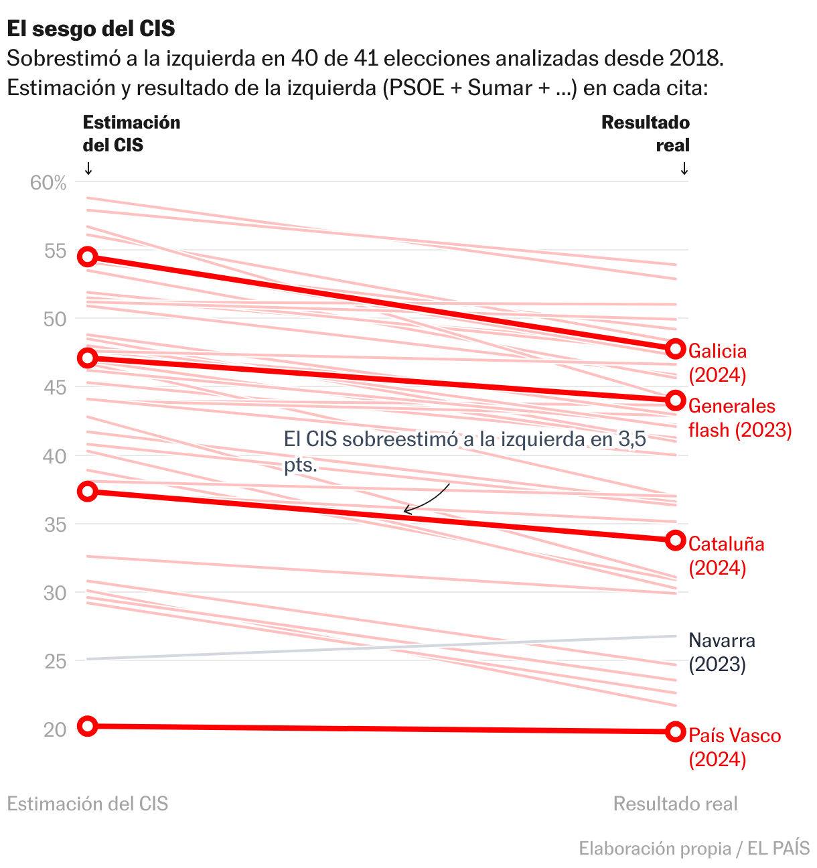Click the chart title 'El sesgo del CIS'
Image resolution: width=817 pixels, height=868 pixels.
pos(91,29)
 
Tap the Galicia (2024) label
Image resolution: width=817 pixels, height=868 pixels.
pos(717,363)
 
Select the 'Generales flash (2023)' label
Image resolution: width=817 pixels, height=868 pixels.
pos(739,418)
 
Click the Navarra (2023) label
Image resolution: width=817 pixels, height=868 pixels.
pos(721,652)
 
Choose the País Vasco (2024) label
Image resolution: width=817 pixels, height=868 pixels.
pos(734,747)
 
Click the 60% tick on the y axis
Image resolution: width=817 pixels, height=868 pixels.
pos(48,183)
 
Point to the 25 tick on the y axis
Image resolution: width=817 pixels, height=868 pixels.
pos(56,661)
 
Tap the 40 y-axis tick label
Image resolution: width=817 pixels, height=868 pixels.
pos(56,456)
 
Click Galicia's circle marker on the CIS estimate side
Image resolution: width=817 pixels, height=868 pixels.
pos(88,257)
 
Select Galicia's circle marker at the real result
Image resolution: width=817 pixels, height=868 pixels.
pos(676,349)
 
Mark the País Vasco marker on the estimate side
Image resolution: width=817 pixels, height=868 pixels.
pos(88,726)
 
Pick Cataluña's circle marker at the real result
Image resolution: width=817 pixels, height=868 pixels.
pos(676,540)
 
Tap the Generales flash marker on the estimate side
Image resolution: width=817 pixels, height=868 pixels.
pos(88,358)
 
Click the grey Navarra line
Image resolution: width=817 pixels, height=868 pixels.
pos(382,647)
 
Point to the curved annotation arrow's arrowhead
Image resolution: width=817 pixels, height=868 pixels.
pos(405,512)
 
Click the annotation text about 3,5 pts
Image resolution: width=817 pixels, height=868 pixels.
pos(465,451)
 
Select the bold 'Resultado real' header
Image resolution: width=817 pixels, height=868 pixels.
pos(646,134)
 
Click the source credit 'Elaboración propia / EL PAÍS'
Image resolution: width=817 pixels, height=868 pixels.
pos(694,849)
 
